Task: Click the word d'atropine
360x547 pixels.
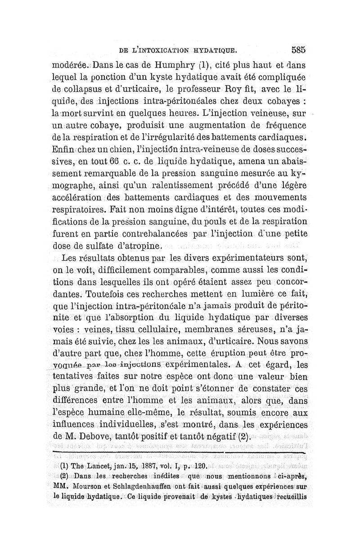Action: click(136, 247)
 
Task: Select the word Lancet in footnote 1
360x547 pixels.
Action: click(93, 467)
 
